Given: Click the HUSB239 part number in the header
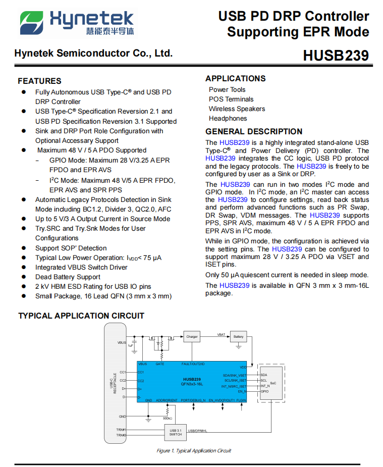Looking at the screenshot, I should (x=336, y=56).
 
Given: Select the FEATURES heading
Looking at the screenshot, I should (x=39, y=81).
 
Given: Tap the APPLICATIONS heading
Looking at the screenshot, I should (x=235, y=78).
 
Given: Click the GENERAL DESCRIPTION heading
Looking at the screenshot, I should (x=254, y=132).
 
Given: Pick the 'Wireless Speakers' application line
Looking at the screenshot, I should (x=237, y=109).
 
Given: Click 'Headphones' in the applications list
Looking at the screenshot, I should (x=228, y=119).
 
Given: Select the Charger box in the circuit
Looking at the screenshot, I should (x=192, y=337).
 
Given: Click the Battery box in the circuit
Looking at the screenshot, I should (x=238, y=337).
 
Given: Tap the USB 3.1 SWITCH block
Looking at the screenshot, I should (x=176, y=433).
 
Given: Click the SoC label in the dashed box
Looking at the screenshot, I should (x=273, y=383).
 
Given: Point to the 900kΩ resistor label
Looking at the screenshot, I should (x=167, y=418).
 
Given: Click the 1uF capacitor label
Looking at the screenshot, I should (x=130, y=345).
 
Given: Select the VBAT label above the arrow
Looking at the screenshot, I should (x=221, y=334).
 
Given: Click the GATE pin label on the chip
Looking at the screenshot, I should (x=160, y=364).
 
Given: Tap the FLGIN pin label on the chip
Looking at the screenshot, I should (x=241, y=400).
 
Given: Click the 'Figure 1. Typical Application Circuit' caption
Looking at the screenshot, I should (x=193, y=451).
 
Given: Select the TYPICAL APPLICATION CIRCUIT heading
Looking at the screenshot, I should (x=81, y=316).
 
